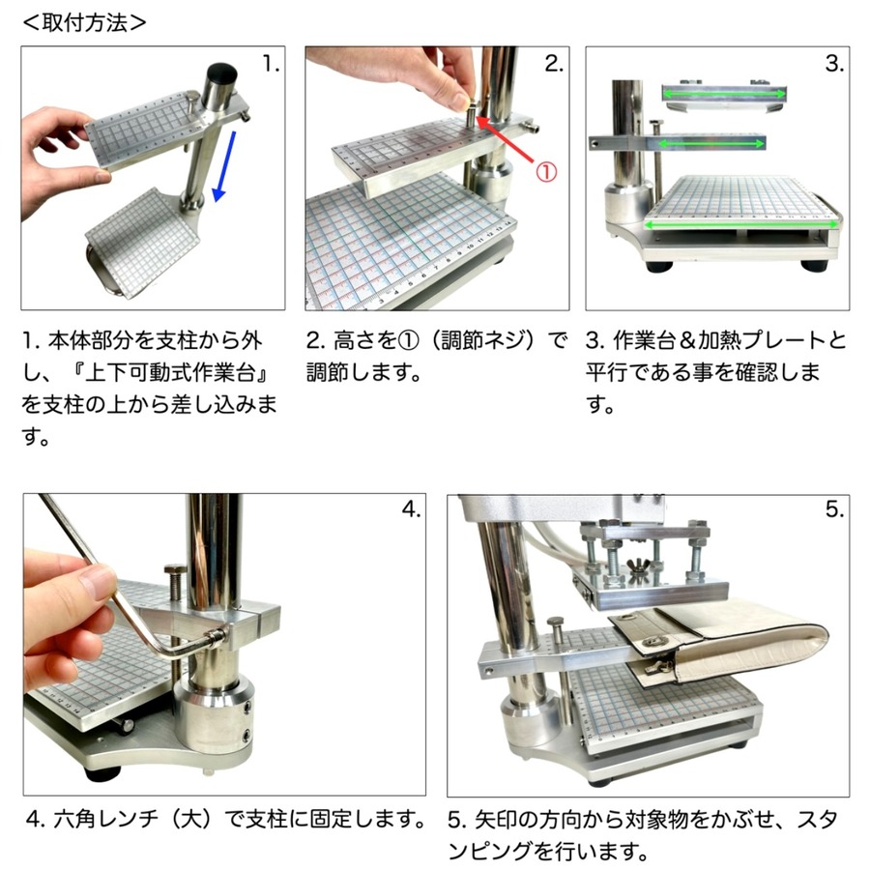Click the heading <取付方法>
pos(85,23)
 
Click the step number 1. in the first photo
pos(271,65)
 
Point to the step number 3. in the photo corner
pos(834,64)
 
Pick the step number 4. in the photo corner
pos(411,508)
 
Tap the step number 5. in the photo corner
pos(834,508)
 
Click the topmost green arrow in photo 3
pos(724,95)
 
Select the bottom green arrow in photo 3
pos(740,224)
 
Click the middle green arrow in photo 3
pos(711,144)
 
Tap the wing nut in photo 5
pos(639,568)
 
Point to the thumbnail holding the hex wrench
pos(96,582)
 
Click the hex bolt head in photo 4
pos(175,570)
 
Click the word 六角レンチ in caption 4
pos(106,819)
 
